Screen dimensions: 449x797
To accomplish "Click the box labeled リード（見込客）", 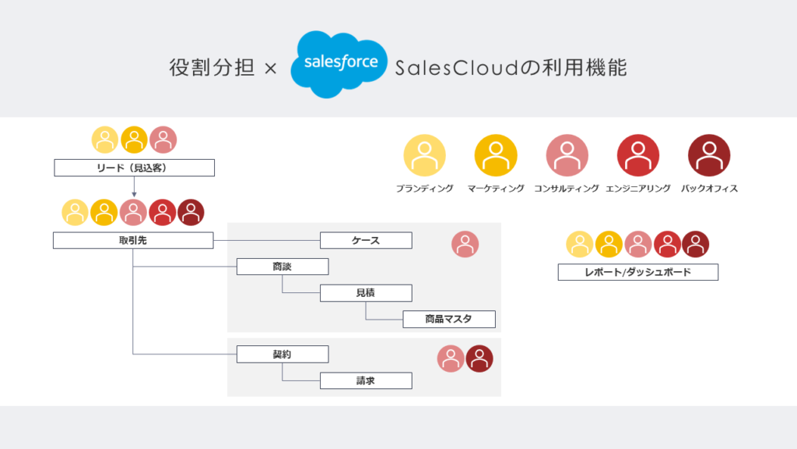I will (134, 168).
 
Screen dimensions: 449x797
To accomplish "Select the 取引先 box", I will (133, 240).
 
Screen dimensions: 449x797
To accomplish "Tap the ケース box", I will (366, 240).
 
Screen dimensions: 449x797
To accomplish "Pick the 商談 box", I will (283, 267).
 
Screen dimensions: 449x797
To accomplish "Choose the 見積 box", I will (366, 293).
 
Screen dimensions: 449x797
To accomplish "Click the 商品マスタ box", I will (449, 319).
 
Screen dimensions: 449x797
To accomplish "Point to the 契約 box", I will (283, 355).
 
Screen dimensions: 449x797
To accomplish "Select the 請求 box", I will (366, 381).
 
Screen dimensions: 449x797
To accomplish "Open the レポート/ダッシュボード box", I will (637, 272).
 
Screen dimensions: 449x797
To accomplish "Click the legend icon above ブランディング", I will (424, 155).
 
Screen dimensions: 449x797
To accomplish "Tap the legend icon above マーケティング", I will (496, 155).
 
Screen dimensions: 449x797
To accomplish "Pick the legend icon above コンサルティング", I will (567, 155).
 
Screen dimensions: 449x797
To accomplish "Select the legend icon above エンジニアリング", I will (637, 155).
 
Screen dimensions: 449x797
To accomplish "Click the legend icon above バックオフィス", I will (709, 155).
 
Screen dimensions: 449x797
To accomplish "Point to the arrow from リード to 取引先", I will (134, 186).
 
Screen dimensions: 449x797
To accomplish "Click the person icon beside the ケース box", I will (465, 245).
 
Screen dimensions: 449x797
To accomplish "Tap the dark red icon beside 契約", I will (479, 359).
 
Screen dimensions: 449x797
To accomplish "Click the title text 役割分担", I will (212, 68).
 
